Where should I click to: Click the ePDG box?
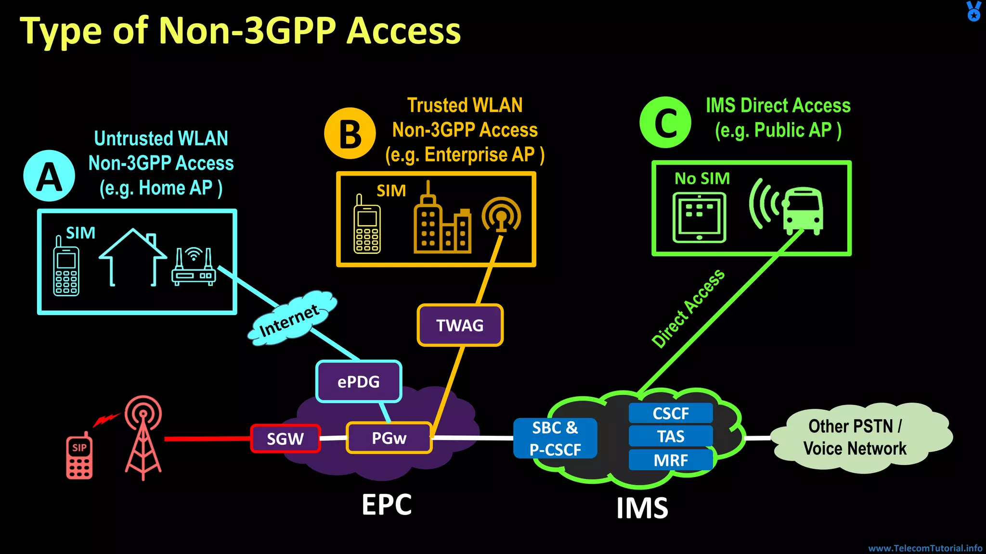click(359, 381)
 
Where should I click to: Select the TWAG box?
click(460, 325)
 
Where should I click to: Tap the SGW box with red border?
click(285, 439)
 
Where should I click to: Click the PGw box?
click(389, 438)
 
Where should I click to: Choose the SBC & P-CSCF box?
click(555, 438)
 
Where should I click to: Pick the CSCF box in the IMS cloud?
click(671, 413)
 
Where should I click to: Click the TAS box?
click(671, 436)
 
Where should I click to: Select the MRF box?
click(671, 460)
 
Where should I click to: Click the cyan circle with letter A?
click(49, 176)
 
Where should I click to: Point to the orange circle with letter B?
click(350, 133)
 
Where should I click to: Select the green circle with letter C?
click(665, 122)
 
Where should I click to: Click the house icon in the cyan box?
click(132, 257)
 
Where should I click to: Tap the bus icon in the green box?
click(802, 211)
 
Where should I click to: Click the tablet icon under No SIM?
click(699, 217)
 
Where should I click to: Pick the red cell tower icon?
click(143, 438)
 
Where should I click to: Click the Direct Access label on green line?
click(688, 308)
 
